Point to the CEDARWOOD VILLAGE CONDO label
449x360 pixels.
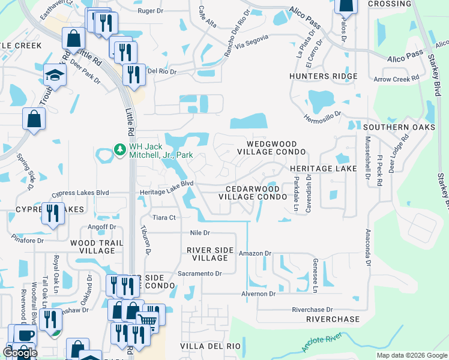pos(252,192)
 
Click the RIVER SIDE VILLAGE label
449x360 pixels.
pos(206,254)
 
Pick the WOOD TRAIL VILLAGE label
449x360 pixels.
pos(96,247)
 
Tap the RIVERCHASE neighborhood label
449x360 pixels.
pos(333,319)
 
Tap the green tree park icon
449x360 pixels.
pos(119,148)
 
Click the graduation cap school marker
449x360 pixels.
pos(54,76)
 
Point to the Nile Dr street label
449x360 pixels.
pos(198,233)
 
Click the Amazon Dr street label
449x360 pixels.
pos(252,254)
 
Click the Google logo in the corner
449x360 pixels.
pos(20,353)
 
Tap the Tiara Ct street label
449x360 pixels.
pos(163,217)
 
